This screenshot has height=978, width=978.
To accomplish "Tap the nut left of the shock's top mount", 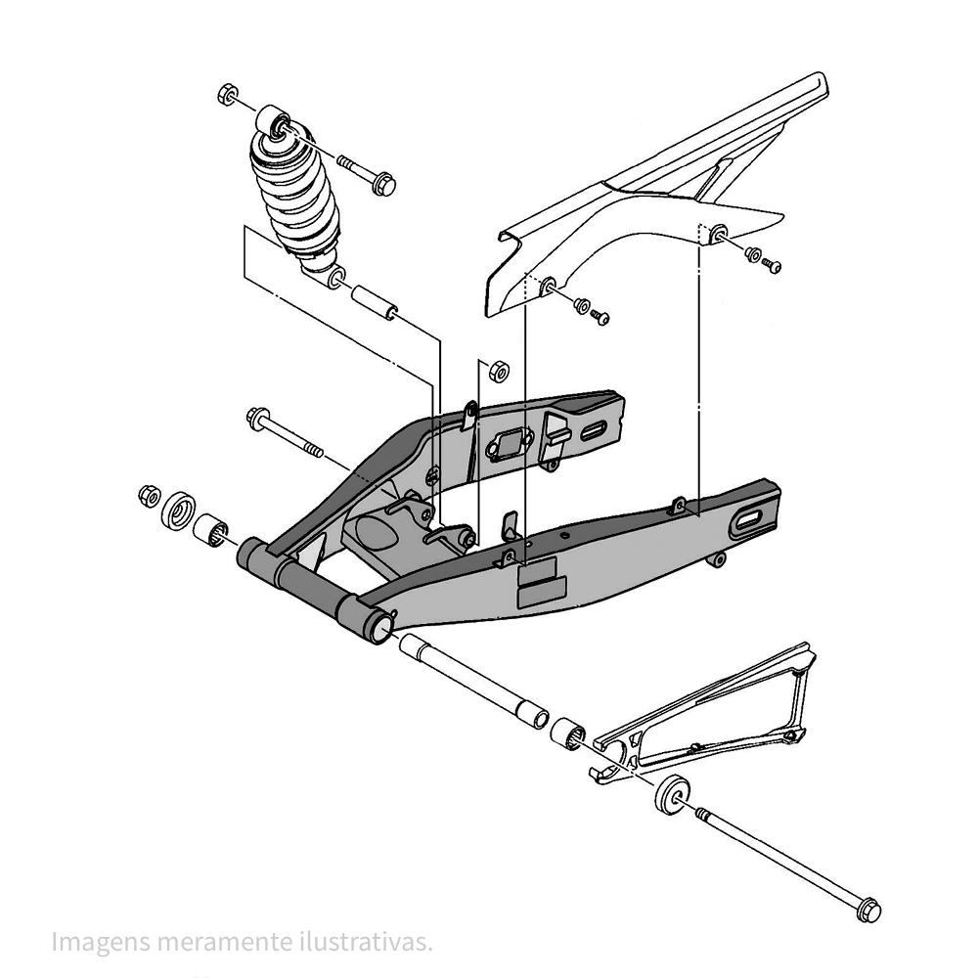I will point(225,96).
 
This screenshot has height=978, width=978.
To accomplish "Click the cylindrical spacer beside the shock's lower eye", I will point(372,301).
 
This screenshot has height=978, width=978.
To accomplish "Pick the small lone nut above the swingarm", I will point(496,370).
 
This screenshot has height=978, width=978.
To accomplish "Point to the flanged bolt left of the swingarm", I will point(284,432).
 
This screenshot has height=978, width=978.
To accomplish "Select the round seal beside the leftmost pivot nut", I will point(180,510).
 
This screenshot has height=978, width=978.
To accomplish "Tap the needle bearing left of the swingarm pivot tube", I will point(213,529).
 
